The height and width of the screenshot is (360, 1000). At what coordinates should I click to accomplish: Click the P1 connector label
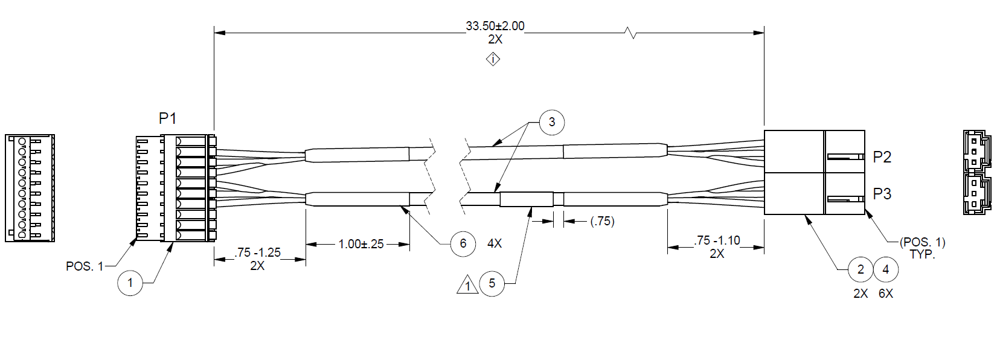pos(168,118)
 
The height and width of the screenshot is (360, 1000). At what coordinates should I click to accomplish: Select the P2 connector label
pos(882,157)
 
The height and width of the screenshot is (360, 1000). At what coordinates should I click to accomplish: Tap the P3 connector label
pos(882,194)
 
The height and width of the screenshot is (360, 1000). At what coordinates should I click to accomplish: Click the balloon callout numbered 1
pos(130,283)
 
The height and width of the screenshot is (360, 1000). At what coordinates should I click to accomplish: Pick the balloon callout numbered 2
pos(861,269)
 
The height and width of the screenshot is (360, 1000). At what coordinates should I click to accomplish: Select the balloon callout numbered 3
pos(552,122)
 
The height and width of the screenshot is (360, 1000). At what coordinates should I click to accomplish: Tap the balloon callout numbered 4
pos(886,269)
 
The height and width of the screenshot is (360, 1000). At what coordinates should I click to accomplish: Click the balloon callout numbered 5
pos(492,283)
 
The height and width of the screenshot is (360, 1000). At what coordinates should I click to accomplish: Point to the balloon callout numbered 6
pos(463,244)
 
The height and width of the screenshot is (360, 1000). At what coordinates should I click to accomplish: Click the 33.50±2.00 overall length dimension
pos(495,26)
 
